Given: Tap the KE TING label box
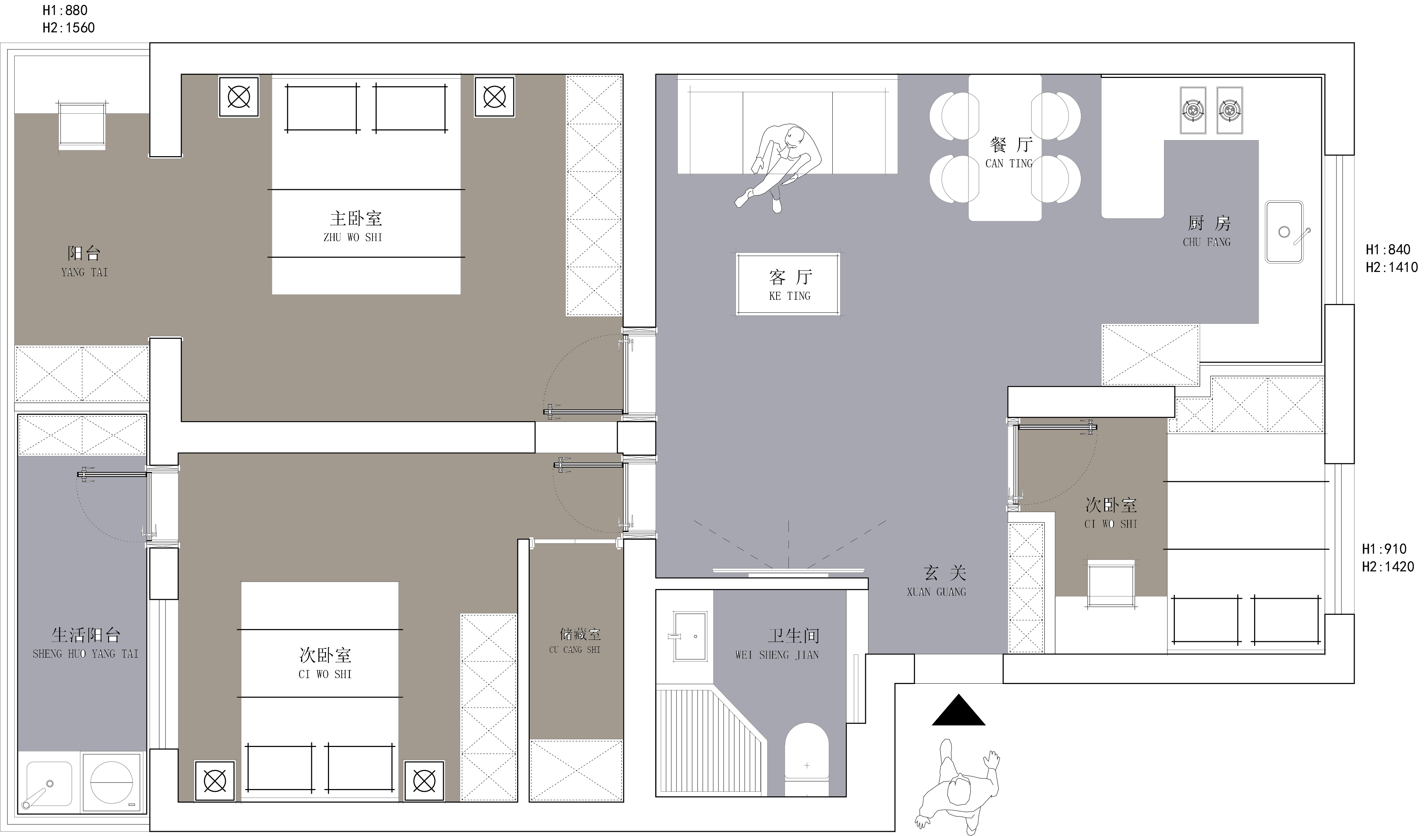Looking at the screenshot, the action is [x=788, y=284].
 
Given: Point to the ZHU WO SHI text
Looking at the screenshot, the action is [x=353, y=238].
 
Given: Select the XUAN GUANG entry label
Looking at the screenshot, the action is [x=936, y=592].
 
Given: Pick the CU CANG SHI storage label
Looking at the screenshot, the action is [x=575, y=650].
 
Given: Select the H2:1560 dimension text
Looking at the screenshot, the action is [x=69, y=28].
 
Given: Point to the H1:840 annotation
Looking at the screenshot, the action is [x=1388, y=249].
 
